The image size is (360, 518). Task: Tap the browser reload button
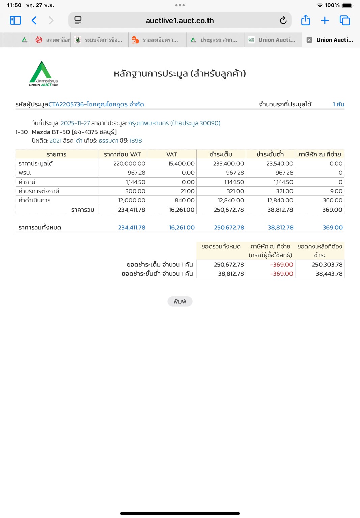pyautogui.click(x=283, y=21)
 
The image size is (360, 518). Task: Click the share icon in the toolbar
pyautogui.click(x=305, y=20)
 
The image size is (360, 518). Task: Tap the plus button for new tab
pyautogui.click(x=325, y=21)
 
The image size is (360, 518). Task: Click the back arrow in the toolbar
pyautogui.click(x=34, y=21)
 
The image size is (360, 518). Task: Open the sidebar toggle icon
pyautogui.click(x=16, y=21)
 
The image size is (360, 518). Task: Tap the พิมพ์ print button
pyautogui.click(x=180, y=302)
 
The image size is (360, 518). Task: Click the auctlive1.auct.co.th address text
pyautogui.click(x=180, y=21)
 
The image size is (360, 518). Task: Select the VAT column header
pyautogui.click(x=171, y=154)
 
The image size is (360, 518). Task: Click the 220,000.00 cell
pyautogui.click(x=129, y=164)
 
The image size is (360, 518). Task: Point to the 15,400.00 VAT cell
pyautogui.click(x=181, y=164)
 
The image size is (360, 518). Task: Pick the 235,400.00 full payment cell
pyautogui.click(x=228, y=164)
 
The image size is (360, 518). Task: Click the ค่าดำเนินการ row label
pyautogui.click(x=34, y=200)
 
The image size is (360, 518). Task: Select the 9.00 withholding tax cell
pyautogui.click(x=336, y=191)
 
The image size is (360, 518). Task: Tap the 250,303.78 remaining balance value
pyautogui.click(x=327, y=265)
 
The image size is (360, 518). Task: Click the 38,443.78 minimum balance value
pyautogui.click(x=329, y=274)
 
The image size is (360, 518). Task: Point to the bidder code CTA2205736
pyautogui.click(x=66, y=104)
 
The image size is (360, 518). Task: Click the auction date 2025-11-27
pyautogui.click(x=75, y=123)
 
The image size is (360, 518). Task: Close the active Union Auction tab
pyautogui.click(x=309, y=40)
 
